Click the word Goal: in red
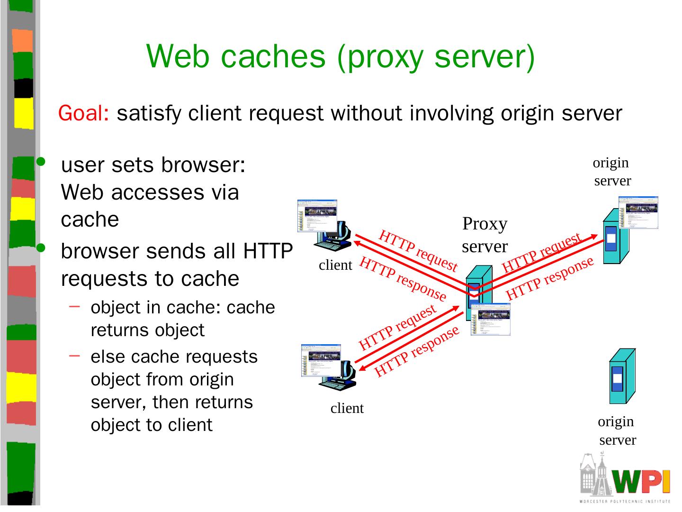point(84,114)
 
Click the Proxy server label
point(485,235)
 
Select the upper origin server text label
point(612,172)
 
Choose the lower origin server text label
point(617,430)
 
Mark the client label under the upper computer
point(335,265)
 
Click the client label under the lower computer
point(347,408)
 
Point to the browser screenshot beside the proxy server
point(491,319)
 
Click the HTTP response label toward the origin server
point(549,278)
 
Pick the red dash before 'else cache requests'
point(74,356)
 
